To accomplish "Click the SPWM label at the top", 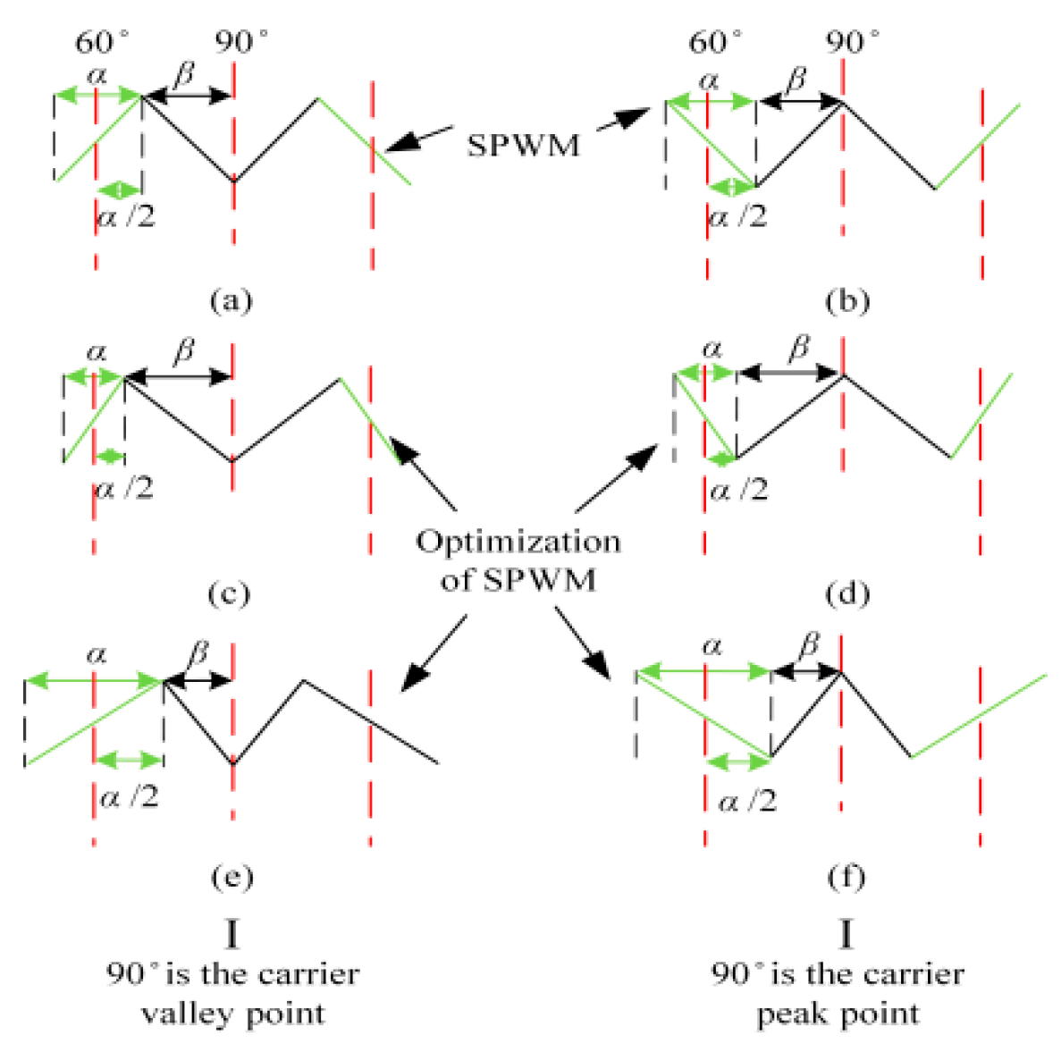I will (523, 144).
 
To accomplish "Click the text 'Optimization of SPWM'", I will (518, 560).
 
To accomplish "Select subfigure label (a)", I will (231, 299).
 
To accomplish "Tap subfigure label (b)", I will (846, 300).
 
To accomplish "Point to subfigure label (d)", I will (846, 593).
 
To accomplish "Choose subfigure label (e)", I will (232, 877).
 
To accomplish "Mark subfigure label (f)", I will (846, 877).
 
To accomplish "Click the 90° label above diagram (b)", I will (852, 41).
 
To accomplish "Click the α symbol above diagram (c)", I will (96, 352).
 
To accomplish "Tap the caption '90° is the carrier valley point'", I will (233, 993).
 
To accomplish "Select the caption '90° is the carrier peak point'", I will (838, 993).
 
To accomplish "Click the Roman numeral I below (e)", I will (232, 934).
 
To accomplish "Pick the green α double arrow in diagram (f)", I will (703, 669).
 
